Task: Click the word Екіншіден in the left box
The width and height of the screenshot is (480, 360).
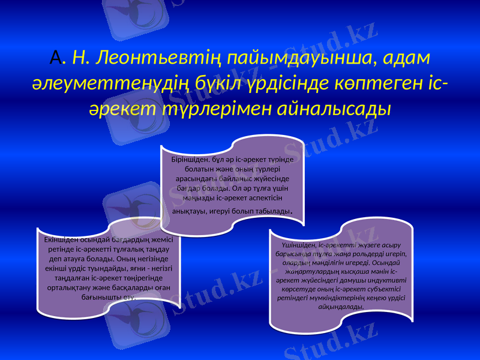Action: click(62, 239)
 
